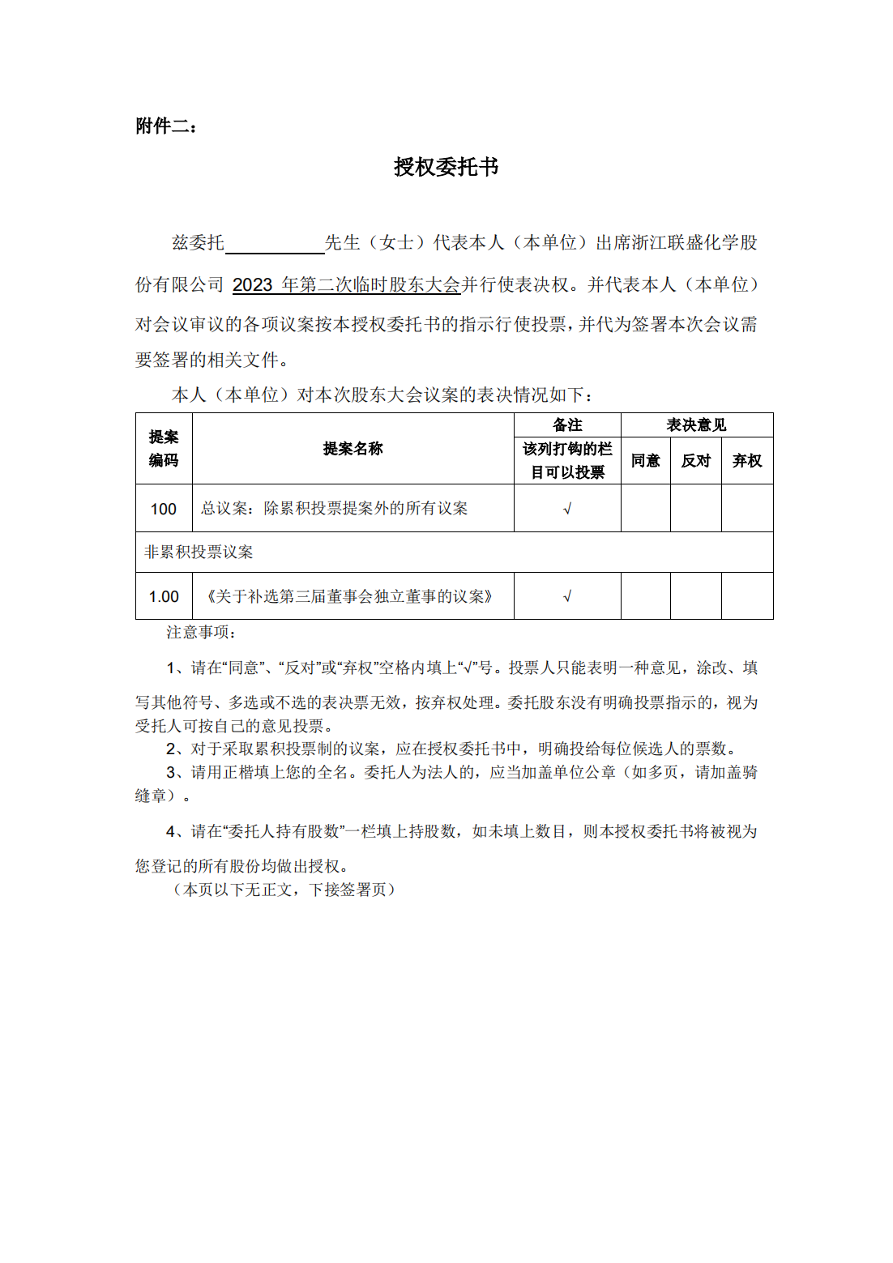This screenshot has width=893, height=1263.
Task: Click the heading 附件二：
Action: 166,126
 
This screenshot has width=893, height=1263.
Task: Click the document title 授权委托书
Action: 446,167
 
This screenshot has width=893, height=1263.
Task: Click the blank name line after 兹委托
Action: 274,243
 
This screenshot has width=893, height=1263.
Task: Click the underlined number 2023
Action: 252,285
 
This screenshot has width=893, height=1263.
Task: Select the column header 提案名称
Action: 352,449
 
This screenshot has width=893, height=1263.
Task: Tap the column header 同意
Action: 645,461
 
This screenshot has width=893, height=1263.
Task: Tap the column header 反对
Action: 695,461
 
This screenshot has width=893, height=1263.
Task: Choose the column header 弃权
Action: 746,461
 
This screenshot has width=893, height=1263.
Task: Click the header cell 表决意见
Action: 696,425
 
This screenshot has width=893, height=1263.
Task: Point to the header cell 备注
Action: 567,425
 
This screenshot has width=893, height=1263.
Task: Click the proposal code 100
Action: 164,509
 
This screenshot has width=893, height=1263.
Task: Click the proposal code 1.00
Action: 164,597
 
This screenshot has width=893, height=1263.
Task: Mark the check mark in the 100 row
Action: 567,509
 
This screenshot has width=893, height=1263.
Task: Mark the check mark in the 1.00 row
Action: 567,597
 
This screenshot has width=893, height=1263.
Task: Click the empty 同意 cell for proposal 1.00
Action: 645,596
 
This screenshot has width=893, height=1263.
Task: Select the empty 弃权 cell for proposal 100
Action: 746,508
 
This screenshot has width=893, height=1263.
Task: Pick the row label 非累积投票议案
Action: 199,553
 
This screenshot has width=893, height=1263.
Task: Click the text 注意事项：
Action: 201,633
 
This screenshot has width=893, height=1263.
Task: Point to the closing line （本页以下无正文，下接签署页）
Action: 284,890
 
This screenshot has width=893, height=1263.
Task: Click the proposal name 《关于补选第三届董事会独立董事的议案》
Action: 349,597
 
